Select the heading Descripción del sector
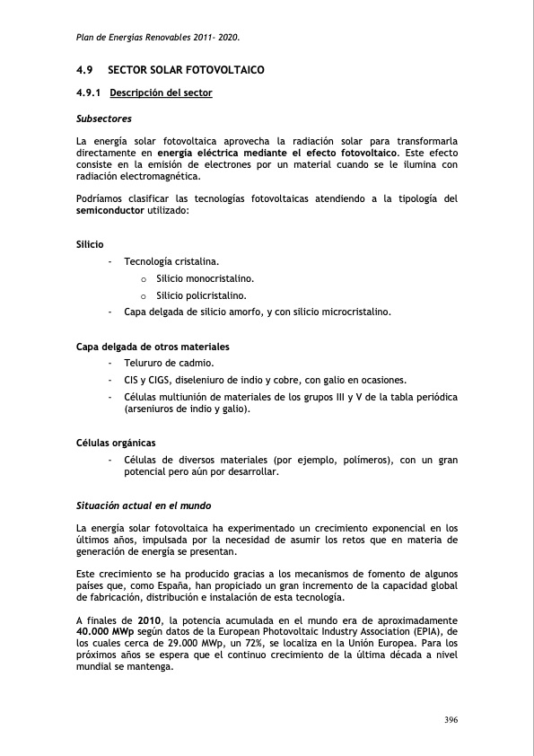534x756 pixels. pos(161,92)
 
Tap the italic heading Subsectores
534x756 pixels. pos(104,118)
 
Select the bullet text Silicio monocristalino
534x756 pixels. pos(205,278)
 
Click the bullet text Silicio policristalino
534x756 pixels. pos(201,294)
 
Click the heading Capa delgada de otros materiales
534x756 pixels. pos(153,347)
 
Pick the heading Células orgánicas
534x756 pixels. pos(116,443)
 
